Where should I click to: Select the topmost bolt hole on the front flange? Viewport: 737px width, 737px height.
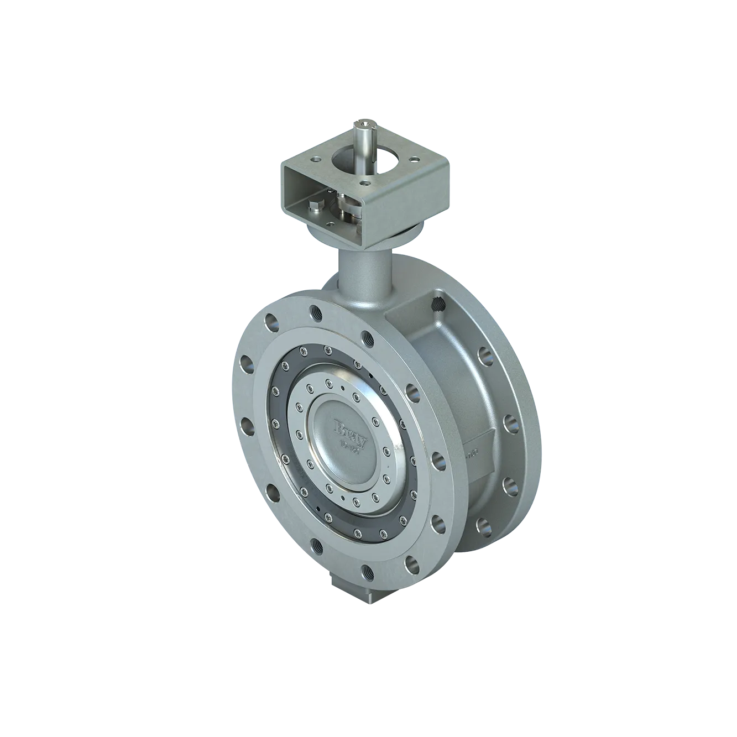pos(315,311)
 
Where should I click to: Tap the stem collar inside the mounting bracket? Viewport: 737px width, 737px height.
pos(348,211)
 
